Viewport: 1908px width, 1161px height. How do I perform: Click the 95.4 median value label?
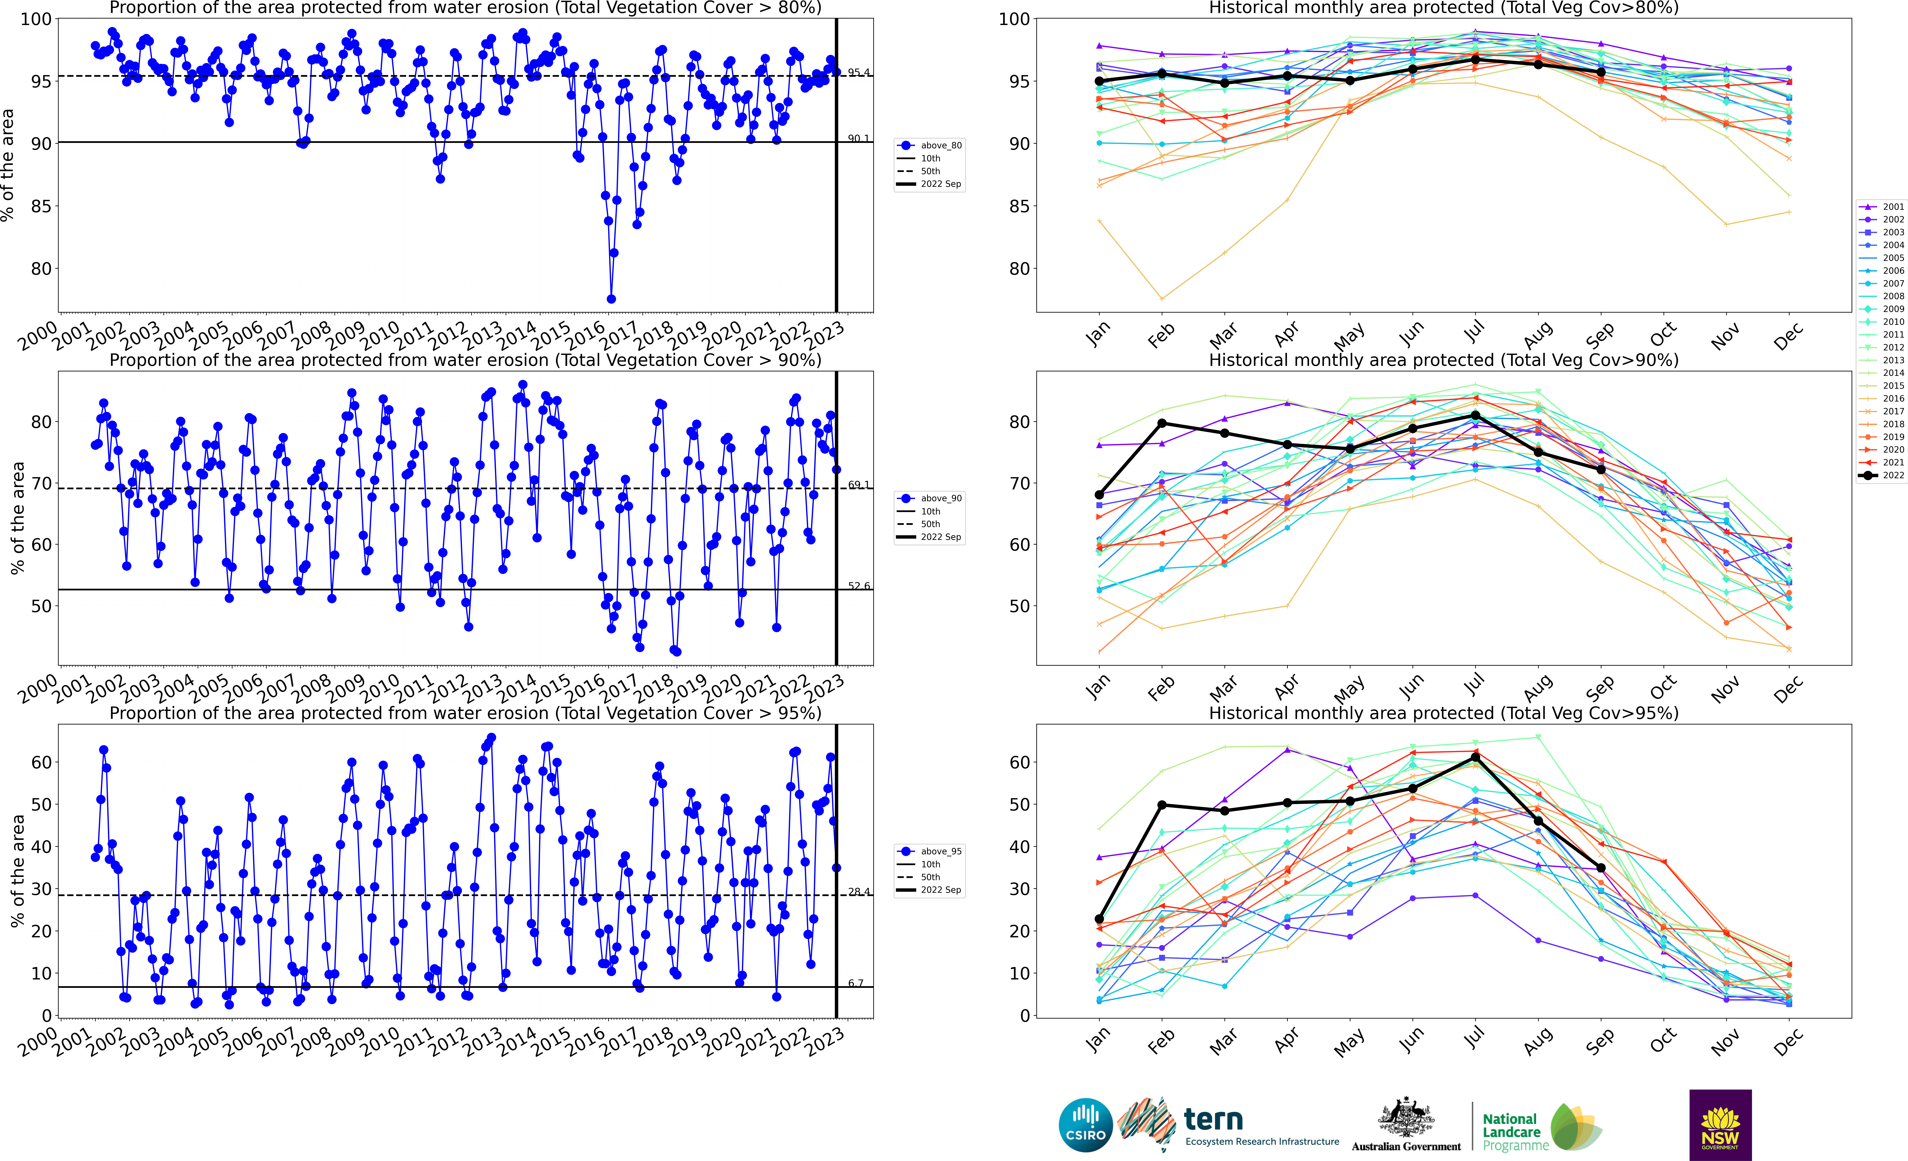click(x=858, y=73)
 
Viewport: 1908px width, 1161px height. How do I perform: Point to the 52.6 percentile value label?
click(x=858, y=586)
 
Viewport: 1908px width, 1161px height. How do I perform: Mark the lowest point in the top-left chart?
click(x=611, y=299)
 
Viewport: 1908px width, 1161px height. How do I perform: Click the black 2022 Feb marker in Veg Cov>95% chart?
click(x=1162, y=805)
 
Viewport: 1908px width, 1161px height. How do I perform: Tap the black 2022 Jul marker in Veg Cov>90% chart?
click(x=1475, y=415)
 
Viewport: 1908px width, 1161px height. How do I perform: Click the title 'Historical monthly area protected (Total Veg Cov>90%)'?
click(x=1443, y=360)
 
